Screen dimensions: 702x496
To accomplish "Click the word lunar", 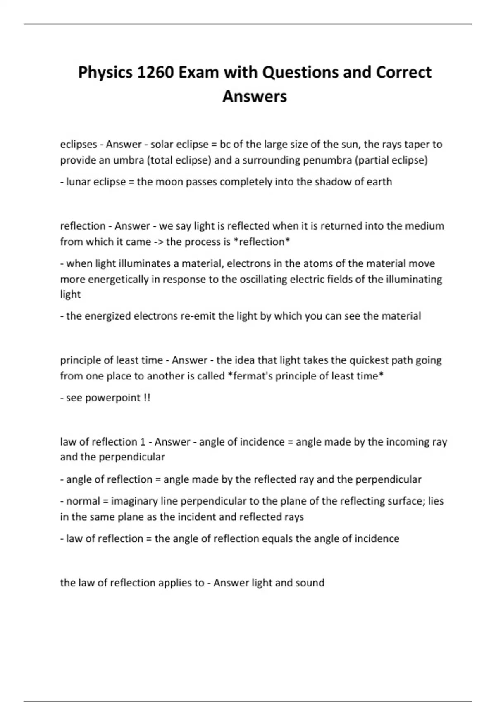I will click(78, 182).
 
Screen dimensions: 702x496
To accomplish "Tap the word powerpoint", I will click(113, 398).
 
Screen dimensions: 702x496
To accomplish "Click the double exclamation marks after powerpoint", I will click(147, 398).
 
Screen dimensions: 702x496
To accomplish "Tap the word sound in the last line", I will click(310, 583).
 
